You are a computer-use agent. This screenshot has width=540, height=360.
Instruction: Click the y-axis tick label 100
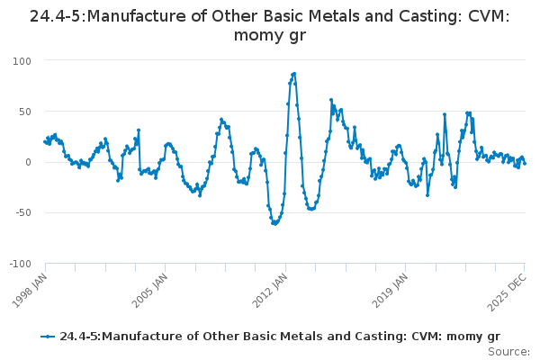point(22,60)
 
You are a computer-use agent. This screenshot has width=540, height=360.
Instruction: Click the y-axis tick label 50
point(24,112)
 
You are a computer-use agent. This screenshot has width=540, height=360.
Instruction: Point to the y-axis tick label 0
point(28,162)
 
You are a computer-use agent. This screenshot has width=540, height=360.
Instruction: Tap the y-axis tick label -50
point(22,213)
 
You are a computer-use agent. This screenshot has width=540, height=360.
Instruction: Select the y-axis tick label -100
point(20,264)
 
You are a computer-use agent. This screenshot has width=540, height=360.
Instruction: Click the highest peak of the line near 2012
point(294,74)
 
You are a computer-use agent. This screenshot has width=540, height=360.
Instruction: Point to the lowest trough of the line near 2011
point(274,222)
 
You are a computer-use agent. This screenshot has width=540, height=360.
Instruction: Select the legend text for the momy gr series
point(279,337)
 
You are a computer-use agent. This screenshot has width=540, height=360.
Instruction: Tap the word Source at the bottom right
point(509,352)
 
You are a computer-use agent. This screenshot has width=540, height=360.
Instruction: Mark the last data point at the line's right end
point(525,164)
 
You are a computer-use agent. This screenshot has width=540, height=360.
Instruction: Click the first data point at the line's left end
point(46,140)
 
